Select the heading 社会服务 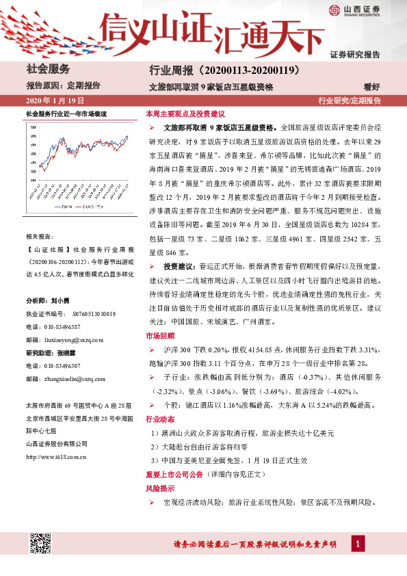48,69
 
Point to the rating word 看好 371,86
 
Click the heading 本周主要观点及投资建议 185,113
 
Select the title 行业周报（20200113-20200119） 211,70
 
